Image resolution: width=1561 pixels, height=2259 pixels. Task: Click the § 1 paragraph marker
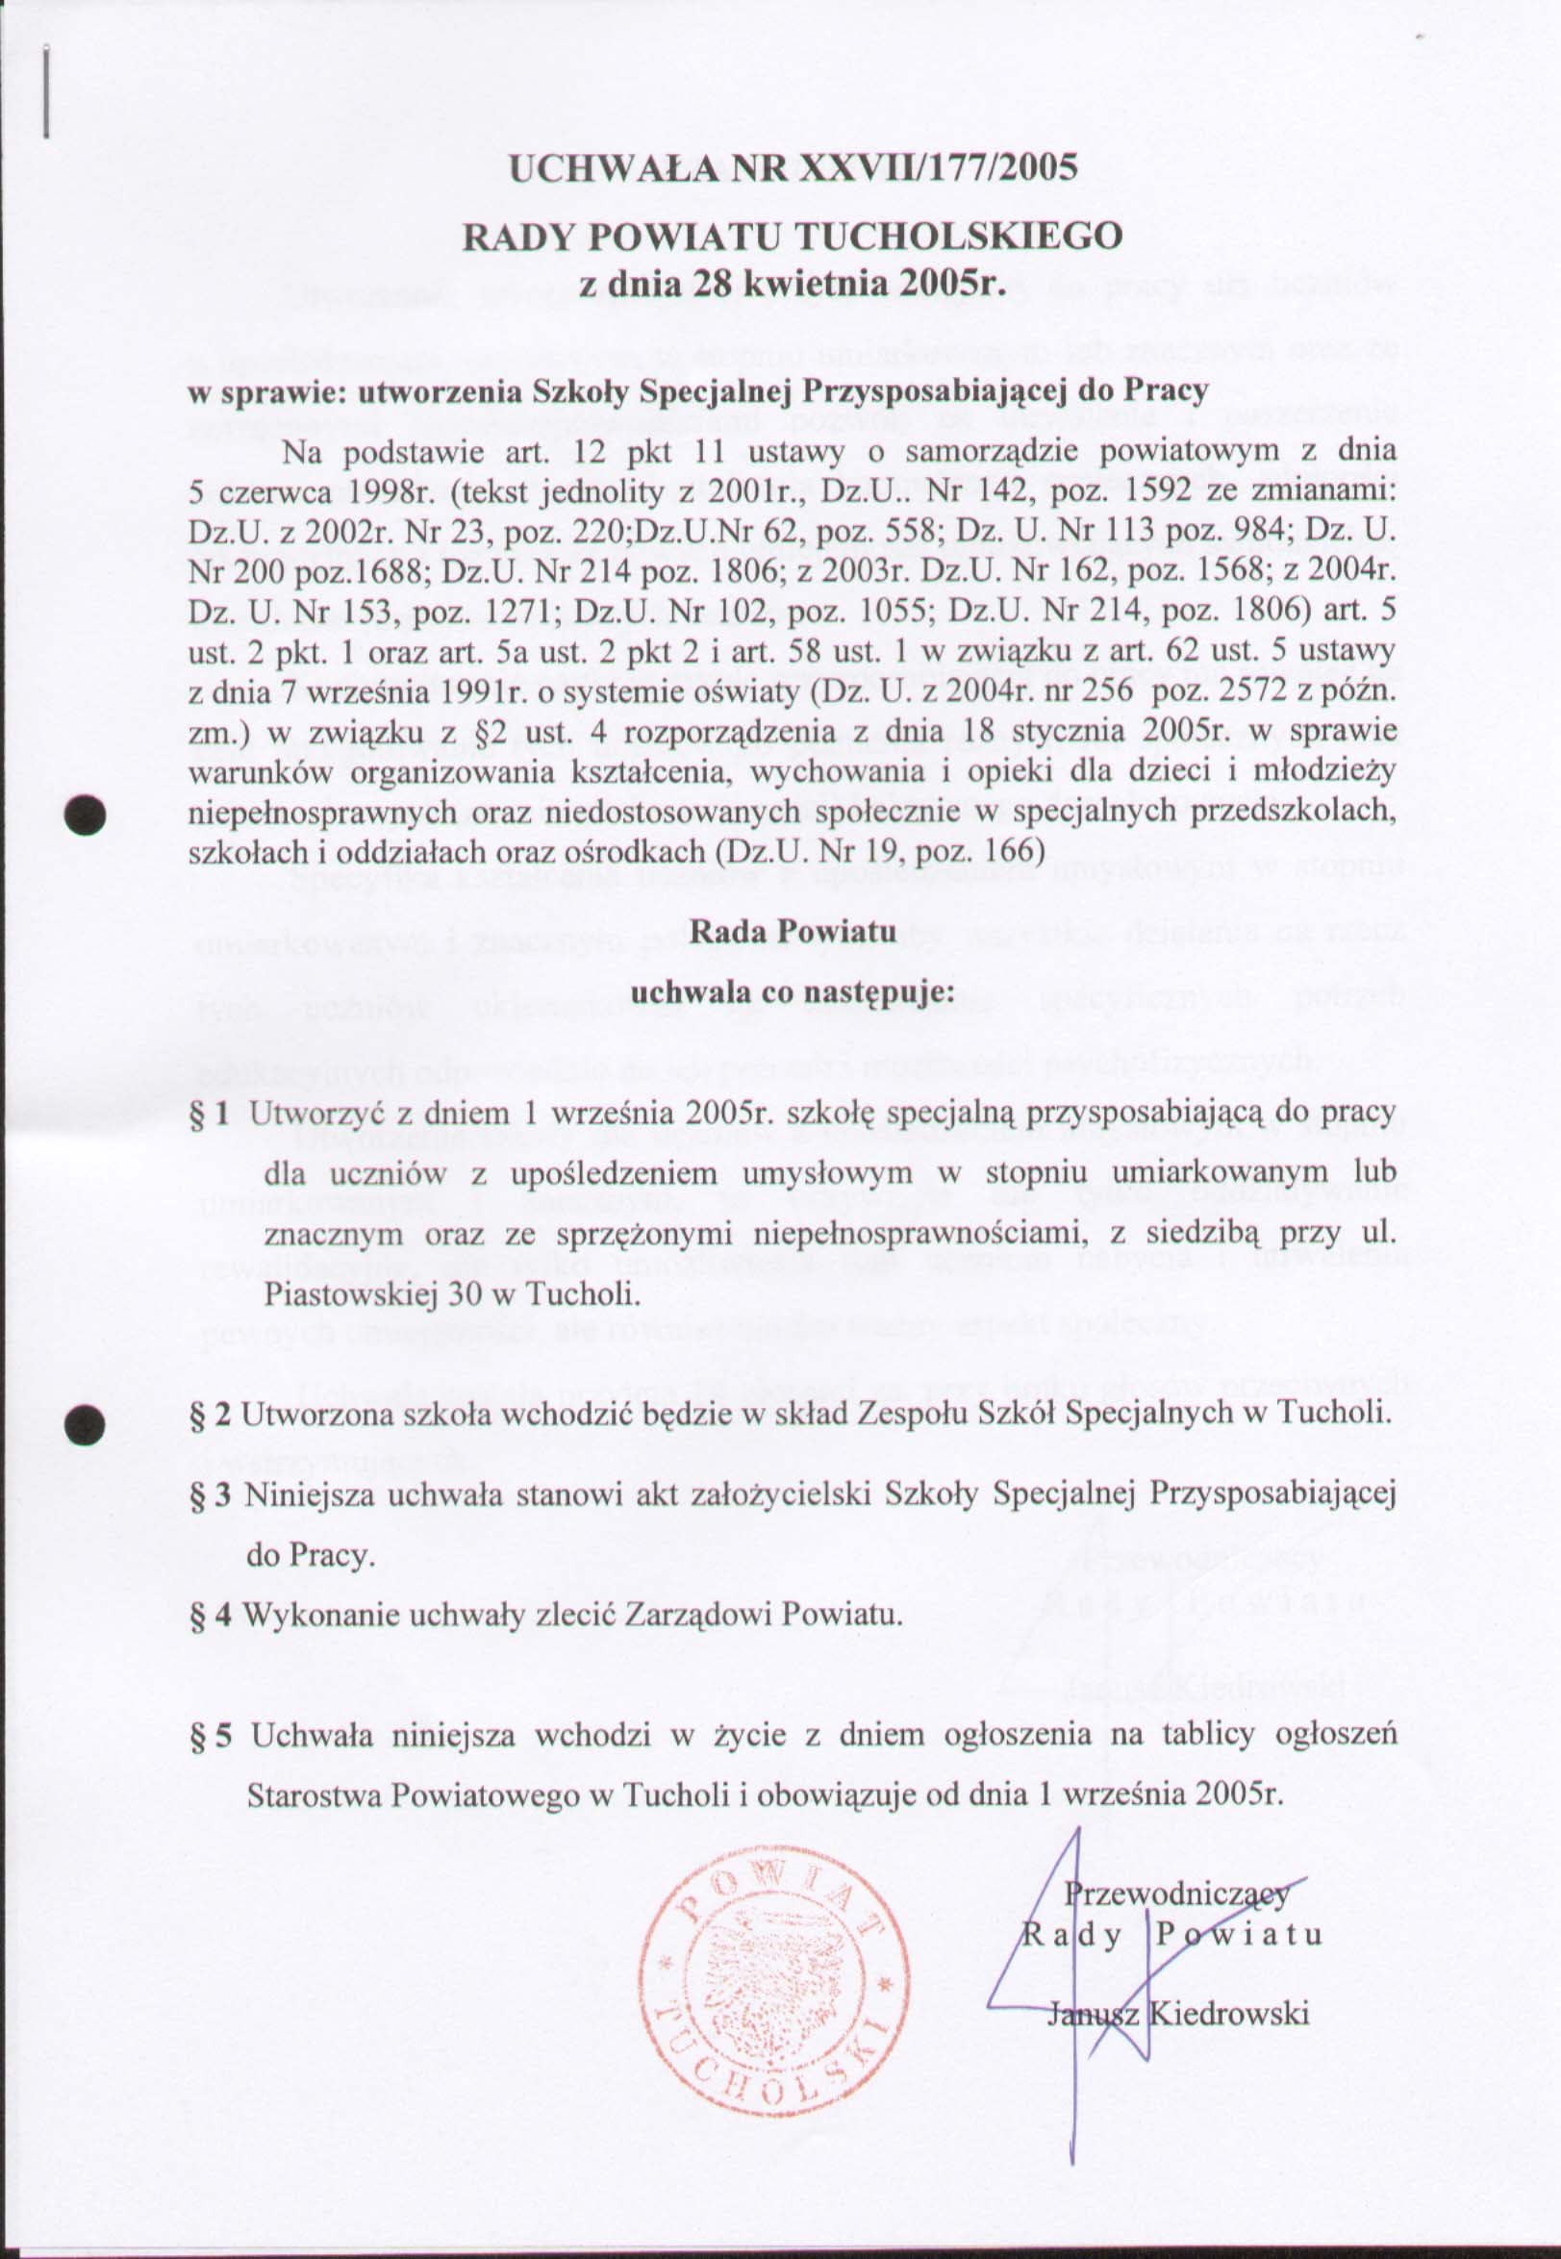211,1113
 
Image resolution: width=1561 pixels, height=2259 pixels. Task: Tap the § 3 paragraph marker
211,1494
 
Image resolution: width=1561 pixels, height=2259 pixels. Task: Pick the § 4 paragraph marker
211,1614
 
